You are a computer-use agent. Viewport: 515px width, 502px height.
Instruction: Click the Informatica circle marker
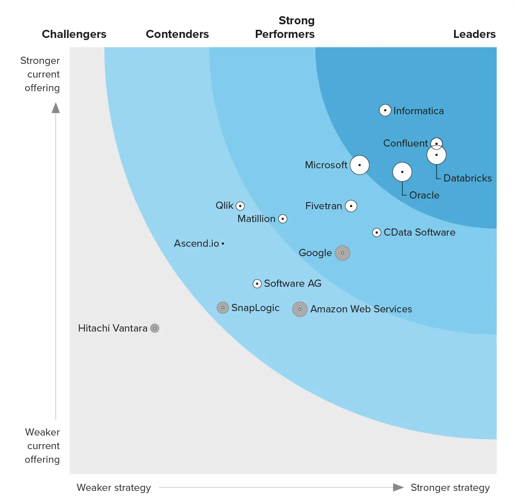[385, 110]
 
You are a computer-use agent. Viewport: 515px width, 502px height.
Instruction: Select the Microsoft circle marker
[359, 165]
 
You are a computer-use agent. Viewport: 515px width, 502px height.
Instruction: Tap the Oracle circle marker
[402, 172]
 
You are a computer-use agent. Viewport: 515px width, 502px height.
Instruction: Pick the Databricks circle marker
[437, 155]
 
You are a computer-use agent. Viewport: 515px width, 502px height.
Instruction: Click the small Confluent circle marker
[436, 143]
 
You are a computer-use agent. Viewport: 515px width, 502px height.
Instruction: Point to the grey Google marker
[342, 253]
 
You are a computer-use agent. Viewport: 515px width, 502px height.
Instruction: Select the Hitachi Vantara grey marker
[155, 328]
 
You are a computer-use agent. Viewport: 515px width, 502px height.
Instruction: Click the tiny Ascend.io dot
[223, 244]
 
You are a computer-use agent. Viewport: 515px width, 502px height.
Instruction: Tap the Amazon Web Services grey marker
[300, 309]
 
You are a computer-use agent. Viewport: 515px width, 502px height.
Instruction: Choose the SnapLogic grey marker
[223, 308]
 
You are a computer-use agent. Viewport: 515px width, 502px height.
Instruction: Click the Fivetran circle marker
[351, 206]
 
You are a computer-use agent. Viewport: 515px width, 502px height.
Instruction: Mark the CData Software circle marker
[376, 233]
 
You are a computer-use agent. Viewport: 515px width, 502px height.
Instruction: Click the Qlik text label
[224, 205]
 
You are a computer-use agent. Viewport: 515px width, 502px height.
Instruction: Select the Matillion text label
[256, 219]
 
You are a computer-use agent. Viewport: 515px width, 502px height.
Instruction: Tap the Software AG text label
[292, 283]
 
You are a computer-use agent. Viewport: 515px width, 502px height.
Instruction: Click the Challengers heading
[74, 34]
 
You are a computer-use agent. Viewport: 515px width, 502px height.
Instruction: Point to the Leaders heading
[474, 34]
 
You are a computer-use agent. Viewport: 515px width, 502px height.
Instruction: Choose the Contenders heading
[177, 34]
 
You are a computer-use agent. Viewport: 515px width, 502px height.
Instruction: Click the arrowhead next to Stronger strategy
[398, 487]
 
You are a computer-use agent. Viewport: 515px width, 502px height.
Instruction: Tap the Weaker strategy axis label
[114, 488]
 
